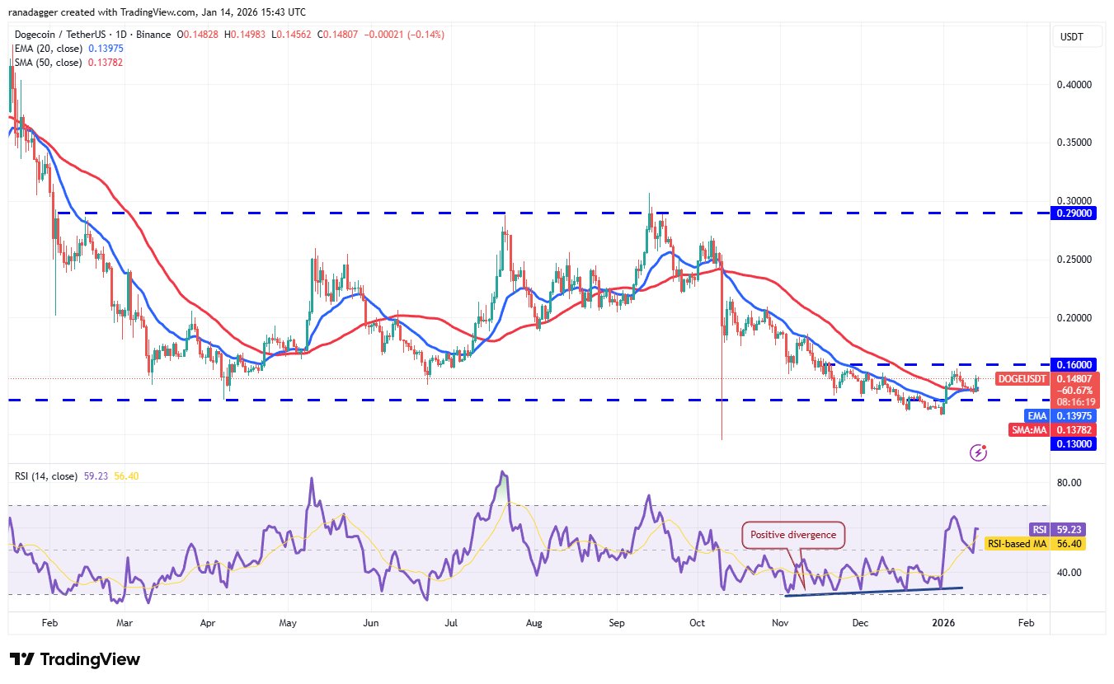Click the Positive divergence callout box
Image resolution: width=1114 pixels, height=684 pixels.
(x=794, y=535)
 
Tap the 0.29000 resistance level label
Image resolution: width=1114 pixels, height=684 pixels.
(x=1074, y=213)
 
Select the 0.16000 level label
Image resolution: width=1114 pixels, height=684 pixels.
(x=1074, y=363)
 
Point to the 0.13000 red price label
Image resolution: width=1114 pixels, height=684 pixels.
(x=1074, y=443)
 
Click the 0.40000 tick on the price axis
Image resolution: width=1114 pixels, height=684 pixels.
(x=1074, y=85)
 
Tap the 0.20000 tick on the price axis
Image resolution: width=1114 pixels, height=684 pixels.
(x=1074, y=318)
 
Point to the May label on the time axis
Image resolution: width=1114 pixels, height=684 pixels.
(x=288, y=623)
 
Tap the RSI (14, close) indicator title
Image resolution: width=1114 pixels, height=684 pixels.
(x=46, y=476)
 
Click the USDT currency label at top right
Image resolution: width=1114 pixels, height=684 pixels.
(x=1072, y=37)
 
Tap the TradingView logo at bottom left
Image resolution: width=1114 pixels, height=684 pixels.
(x=75, y=660)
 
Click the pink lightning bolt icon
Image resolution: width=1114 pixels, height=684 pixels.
(x=979, y=452)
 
